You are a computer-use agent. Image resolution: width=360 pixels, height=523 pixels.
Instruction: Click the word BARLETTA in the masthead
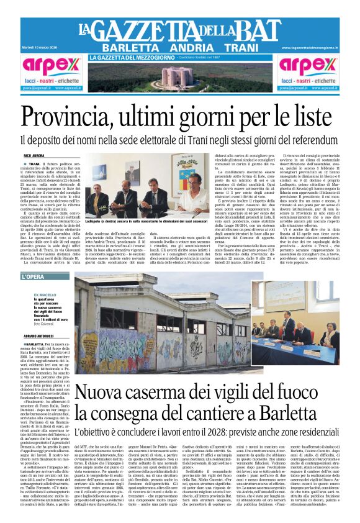coord(127,48)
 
